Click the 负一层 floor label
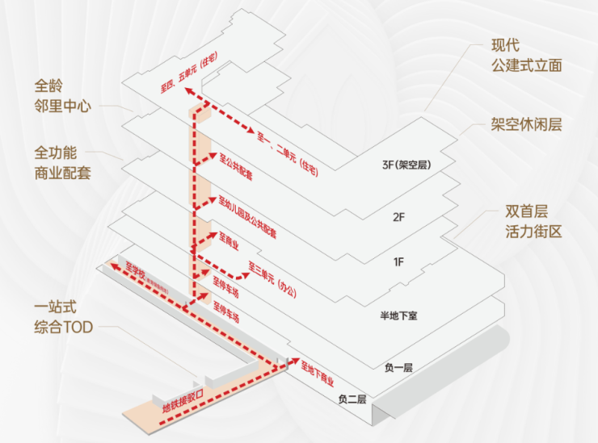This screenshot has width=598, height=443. (x=398, y=367)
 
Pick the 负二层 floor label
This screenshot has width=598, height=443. (x=352, y=399)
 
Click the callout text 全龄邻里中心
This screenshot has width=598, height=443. (x=61, y=94)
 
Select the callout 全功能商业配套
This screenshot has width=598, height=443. (x=61, y=161)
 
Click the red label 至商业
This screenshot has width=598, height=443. (x=232, y=243)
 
